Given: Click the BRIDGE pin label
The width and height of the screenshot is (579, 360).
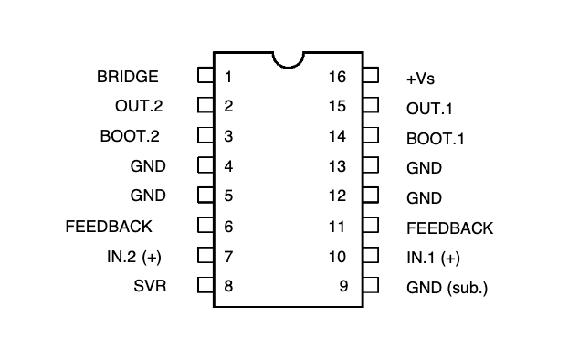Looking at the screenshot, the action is pyautogui.click(x=127, y=77).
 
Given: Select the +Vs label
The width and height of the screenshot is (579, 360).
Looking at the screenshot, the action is pyautogui.click(x=420, y=79).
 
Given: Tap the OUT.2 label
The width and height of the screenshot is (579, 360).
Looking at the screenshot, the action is pyautogui.click(x=139, y=106).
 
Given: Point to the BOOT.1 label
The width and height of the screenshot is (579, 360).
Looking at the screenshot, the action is pyautogui.click(x=435, y=139).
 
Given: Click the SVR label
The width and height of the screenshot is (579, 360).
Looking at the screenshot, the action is pyautogui.click(x=150, y=286).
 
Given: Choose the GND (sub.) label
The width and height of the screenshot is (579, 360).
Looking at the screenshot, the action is pyautogui.click(x=447, y=288).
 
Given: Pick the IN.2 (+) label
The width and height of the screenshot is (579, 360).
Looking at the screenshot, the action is pyautogui.click(x=134, y=257).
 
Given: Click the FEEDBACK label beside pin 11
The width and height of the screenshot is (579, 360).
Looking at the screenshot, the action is pyautogui.click(x=449, y=228).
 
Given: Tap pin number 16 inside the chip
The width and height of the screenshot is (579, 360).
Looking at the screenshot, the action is pyautogui.click(x=337, y=77).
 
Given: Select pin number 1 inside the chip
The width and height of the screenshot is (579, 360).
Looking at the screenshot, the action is pyautogui.click(x=228, y=77).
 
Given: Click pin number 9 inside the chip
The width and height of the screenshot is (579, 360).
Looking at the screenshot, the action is pyautogui.click(x=343, y=286).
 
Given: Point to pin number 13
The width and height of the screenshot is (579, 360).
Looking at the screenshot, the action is pyautogui.click(x=337, y=166).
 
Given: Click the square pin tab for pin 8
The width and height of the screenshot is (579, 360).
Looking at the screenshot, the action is pyautogui.click(x=205, y=285).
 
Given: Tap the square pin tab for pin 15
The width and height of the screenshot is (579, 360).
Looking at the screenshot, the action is pyautogui.click(x=371, y=105).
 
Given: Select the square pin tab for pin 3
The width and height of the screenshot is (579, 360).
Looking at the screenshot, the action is pyautogui.click(x=205, y=135).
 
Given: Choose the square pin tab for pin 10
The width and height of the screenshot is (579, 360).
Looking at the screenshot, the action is pyautogui.click(x=371, y=255).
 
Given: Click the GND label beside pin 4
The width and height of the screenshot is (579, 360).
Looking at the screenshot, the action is pyautogui.click(x=148, y=166).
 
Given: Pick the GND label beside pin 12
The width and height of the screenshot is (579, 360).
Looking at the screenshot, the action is pyautogui.click(x=424, y=198).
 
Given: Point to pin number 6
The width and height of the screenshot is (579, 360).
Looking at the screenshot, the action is pyautogui.click(x=228, y=227).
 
